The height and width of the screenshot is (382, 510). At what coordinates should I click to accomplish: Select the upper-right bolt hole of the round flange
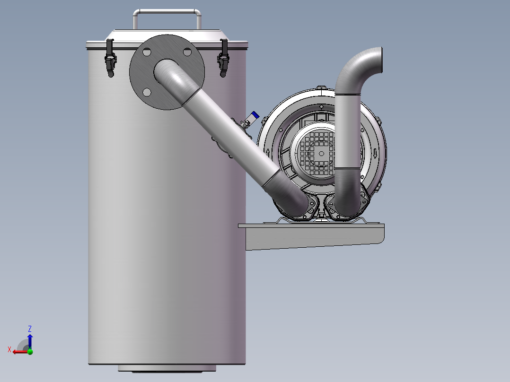click(187, 52)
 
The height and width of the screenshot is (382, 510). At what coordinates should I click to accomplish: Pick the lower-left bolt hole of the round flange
click(147, 92)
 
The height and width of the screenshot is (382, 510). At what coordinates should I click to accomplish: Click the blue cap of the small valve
click(255, 115)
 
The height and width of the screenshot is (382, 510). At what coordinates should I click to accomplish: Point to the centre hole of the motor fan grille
click(321, 153)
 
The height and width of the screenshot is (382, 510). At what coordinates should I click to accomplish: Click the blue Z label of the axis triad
click(30, 329)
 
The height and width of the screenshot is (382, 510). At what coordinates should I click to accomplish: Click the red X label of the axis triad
click(9, 349)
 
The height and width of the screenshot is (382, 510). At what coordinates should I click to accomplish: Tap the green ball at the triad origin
click(30, 351)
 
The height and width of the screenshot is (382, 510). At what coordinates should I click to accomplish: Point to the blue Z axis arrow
click(30, 339)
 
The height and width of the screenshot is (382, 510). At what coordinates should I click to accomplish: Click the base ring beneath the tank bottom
click(167, 368)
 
